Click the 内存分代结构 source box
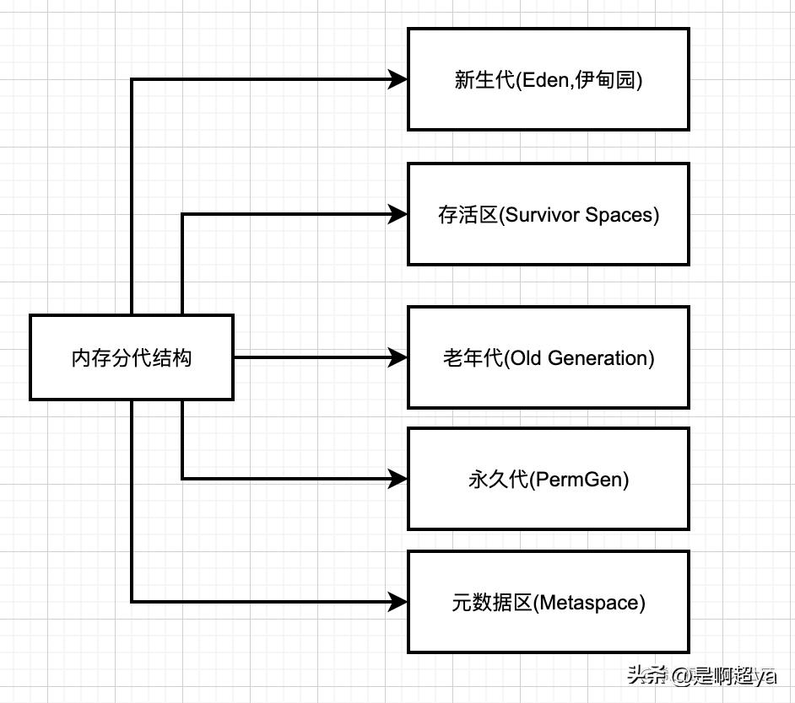(131, 357)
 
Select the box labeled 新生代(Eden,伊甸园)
(549, 79)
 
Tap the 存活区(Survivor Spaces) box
(549, 214)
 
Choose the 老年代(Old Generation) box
(549, 357)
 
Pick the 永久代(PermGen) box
(549, 480)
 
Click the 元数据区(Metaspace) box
(549, 602)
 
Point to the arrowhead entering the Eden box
(398, 79)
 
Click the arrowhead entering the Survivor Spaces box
(398, 214)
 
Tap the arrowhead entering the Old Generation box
(398, 357)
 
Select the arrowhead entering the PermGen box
(398, 480)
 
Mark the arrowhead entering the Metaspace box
(398, 602)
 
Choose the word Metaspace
(590, 603)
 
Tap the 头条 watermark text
(642, 675)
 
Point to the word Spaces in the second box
(619, 215)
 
